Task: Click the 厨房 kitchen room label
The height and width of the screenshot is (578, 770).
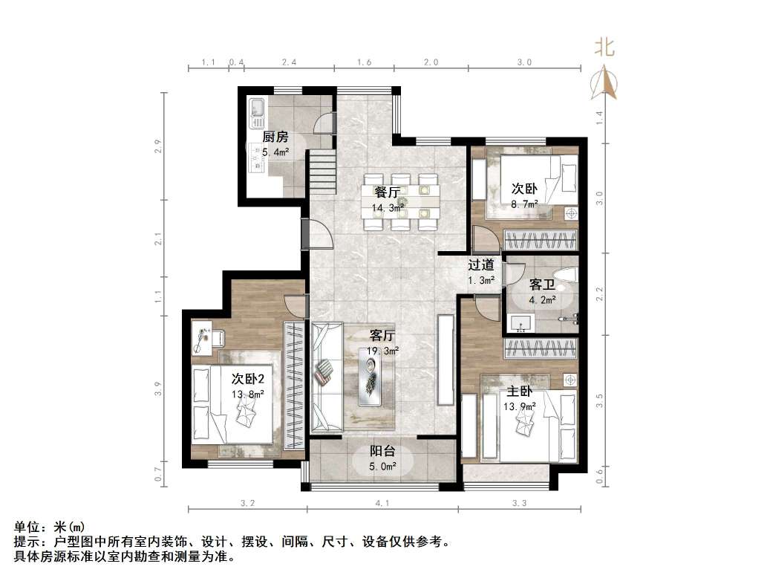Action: (x=275, y=137)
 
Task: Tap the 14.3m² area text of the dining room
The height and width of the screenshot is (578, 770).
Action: (x=387, y=209)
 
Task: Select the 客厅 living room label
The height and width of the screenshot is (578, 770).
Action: (x=382, y=335)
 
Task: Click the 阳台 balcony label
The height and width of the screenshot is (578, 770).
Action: (x=382, y=451)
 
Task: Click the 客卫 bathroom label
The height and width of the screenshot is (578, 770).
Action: (x=541, y=285)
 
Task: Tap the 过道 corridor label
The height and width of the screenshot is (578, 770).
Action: (x=481, y=264)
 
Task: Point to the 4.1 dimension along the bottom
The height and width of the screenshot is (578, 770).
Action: (x=382, y=504)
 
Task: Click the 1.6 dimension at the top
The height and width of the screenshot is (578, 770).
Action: (x=364, y=63)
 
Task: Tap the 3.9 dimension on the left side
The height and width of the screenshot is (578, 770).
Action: (x=157, y=389)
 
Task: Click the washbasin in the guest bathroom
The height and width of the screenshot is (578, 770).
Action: (x=521, y=323)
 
